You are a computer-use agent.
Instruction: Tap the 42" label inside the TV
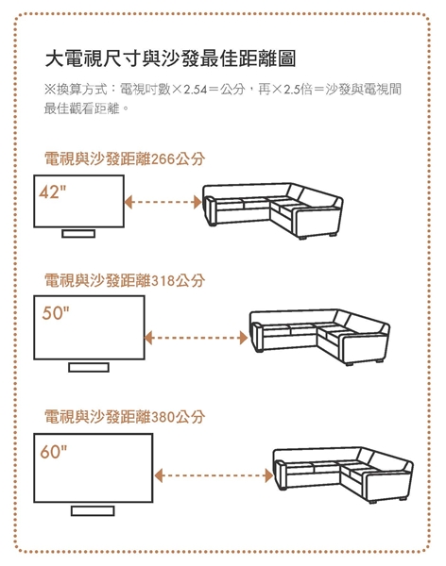click(x=55, y=193)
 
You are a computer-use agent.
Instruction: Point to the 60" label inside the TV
click(x=55, y=450)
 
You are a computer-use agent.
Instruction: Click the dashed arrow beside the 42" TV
click(x=163, y=202)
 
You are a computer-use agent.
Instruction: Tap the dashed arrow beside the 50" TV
click(x=195, y=336)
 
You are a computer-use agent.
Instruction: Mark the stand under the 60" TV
click(x=93, y=509)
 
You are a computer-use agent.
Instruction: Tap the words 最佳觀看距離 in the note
click(x=80, y=108)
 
